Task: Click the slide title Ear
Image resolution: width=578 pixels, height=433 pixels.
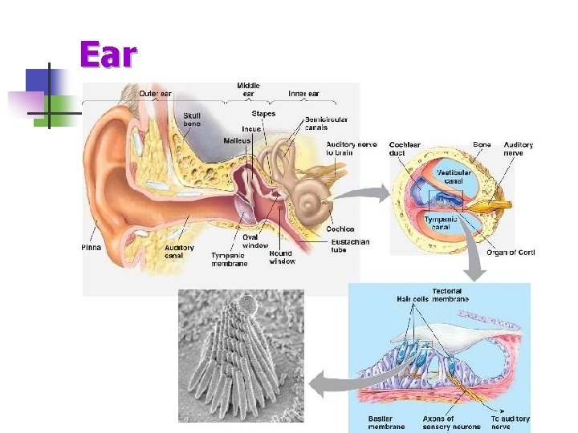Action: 108,56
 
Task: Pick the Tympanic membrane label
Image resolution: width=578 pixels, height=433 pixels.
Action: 229,259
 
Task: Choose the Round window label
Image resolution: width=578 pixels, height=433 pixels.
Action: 282,257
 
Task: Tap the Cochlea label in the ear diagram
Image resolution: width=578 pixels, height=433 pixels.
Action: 340,229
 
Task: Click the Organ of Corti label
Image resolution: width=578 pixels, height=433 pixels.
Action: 511,253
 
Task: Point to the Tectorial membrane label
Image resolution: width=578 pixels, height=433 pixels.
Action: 446,295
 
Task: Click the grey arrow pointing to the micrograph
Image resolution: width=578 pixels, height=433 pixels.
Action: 329,382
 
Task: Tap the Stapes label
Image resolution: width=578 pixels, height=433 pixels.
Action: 263,114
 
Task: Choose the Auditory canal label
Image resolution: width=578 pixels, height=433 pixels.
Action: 179,252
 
